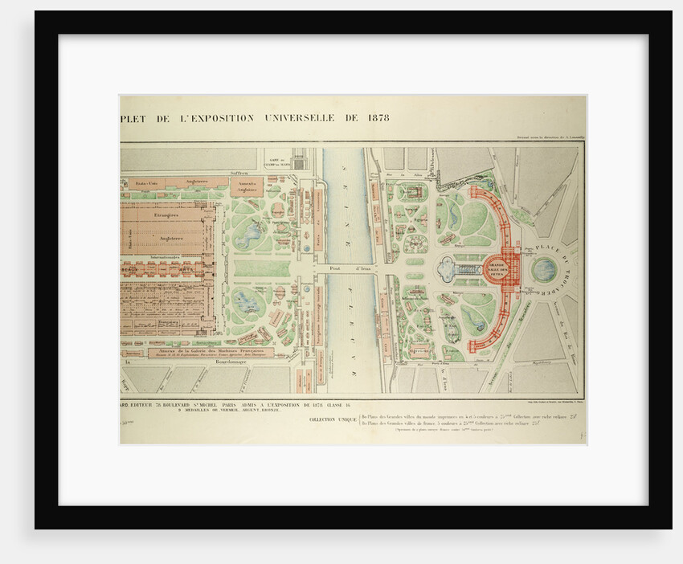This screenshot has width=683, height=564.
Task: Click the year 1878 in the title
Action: point(376,117)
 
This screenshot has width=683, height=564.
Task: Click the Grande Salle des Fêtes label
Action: point(497,268)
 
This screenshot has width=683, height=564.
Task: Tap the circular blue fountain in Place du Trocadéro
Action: point(544,269)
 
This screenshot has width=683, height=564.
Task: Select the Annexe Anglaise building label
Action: point(246,186)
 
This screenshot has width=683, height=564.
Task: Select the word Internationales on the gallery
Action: point(167,259)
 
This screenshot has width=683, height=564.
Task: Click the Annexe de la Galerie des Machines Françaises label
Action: point(211,351)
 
